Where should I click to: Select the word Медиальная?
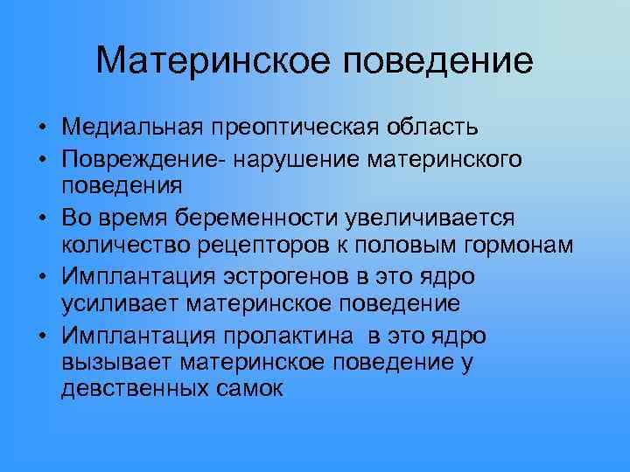[130, 128]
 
